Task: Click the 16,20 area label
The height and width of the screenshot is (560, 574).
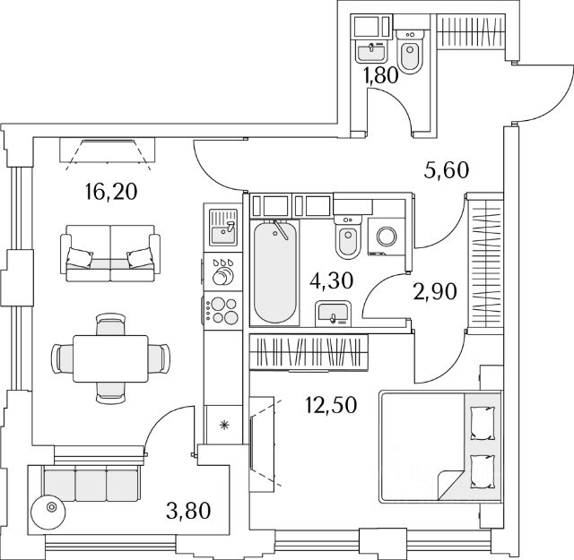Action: coord(110,192)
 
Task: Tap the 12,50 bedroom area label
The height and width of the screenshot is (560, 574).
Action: coord(331,405)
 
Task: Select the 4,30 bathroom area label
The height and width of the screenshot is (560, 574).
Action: coord(331,281)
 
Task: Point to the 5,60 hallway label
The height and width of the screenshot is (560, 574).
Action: coord(447,170)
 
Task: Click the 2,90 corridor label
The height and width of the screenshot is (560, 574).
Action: coord(435,292)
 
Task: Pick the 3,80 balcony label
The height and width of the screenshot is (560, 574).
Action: coord(188,511)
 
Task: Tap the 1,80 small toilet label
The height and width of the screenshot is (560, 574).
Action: coord(380,76)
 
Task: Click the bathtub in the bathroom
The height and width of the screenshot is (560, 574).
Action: coord(275,271)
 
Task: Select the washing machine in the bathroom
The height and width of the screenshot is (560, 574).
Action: coord(387,237)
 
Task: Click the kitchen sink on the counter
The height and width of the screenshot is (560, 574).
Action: coord(223,228)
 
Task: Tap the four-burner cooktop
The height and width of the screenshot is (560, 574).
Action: coord(223,311)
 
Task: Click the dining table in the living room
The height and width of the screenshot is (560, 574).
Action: coord(110,358)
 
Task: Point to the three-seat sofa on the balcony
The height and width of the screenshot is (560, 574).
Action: coord(91,484)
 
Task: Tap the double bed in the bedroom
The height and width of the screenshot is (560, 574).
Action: coord(440,447)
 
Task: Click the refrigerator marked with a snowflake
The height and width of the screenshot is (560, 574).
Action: coord(223,425)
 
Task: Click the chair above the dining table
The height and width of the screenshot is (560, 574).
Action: coord(110,324)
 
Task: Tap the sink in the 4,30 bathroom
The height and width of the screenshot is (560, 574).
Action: coord(333,314)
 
